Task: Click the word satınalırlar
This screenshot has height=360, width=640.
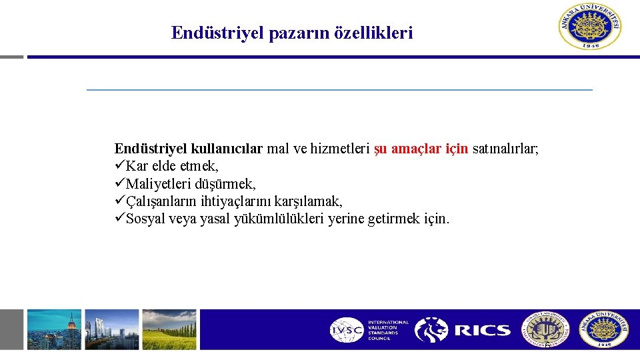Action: click(x=505, y=149)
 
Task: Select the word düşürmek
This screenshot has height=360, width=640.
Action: click(x=223, y=183)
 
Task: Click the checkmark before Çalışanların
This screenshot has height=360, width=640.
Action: click(x=120, y=201)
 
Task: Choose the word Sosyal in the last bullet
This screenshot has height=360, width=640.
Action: click(x=147, y=219)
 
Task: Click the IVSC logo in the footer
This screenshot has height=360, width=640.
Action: click(x=347, y=329)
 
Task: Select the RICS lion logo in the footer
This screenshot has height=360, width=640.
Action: click(x=431, y=329)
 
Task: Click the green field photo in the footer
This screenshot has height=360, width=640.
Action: click(x=169, y=329)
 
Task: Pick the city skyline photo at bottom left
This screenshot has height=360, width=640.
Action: click(x=54, y=329)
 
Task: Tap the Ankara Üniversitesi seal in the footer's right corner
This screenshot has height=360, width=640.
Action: click(x=603, y=329)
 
